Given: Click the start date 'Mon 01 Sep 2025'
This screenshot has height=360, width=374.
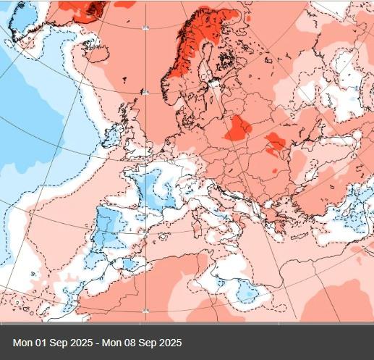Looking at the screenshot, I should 51,342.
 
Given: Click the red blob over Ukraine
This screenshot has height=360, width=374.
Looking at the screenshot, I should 275,141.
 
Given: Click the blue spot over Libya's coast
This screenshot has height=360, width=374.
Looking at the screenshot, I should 246,293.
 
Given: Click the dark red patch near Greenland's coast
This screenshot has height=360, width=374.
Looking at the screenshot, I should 93,9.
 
